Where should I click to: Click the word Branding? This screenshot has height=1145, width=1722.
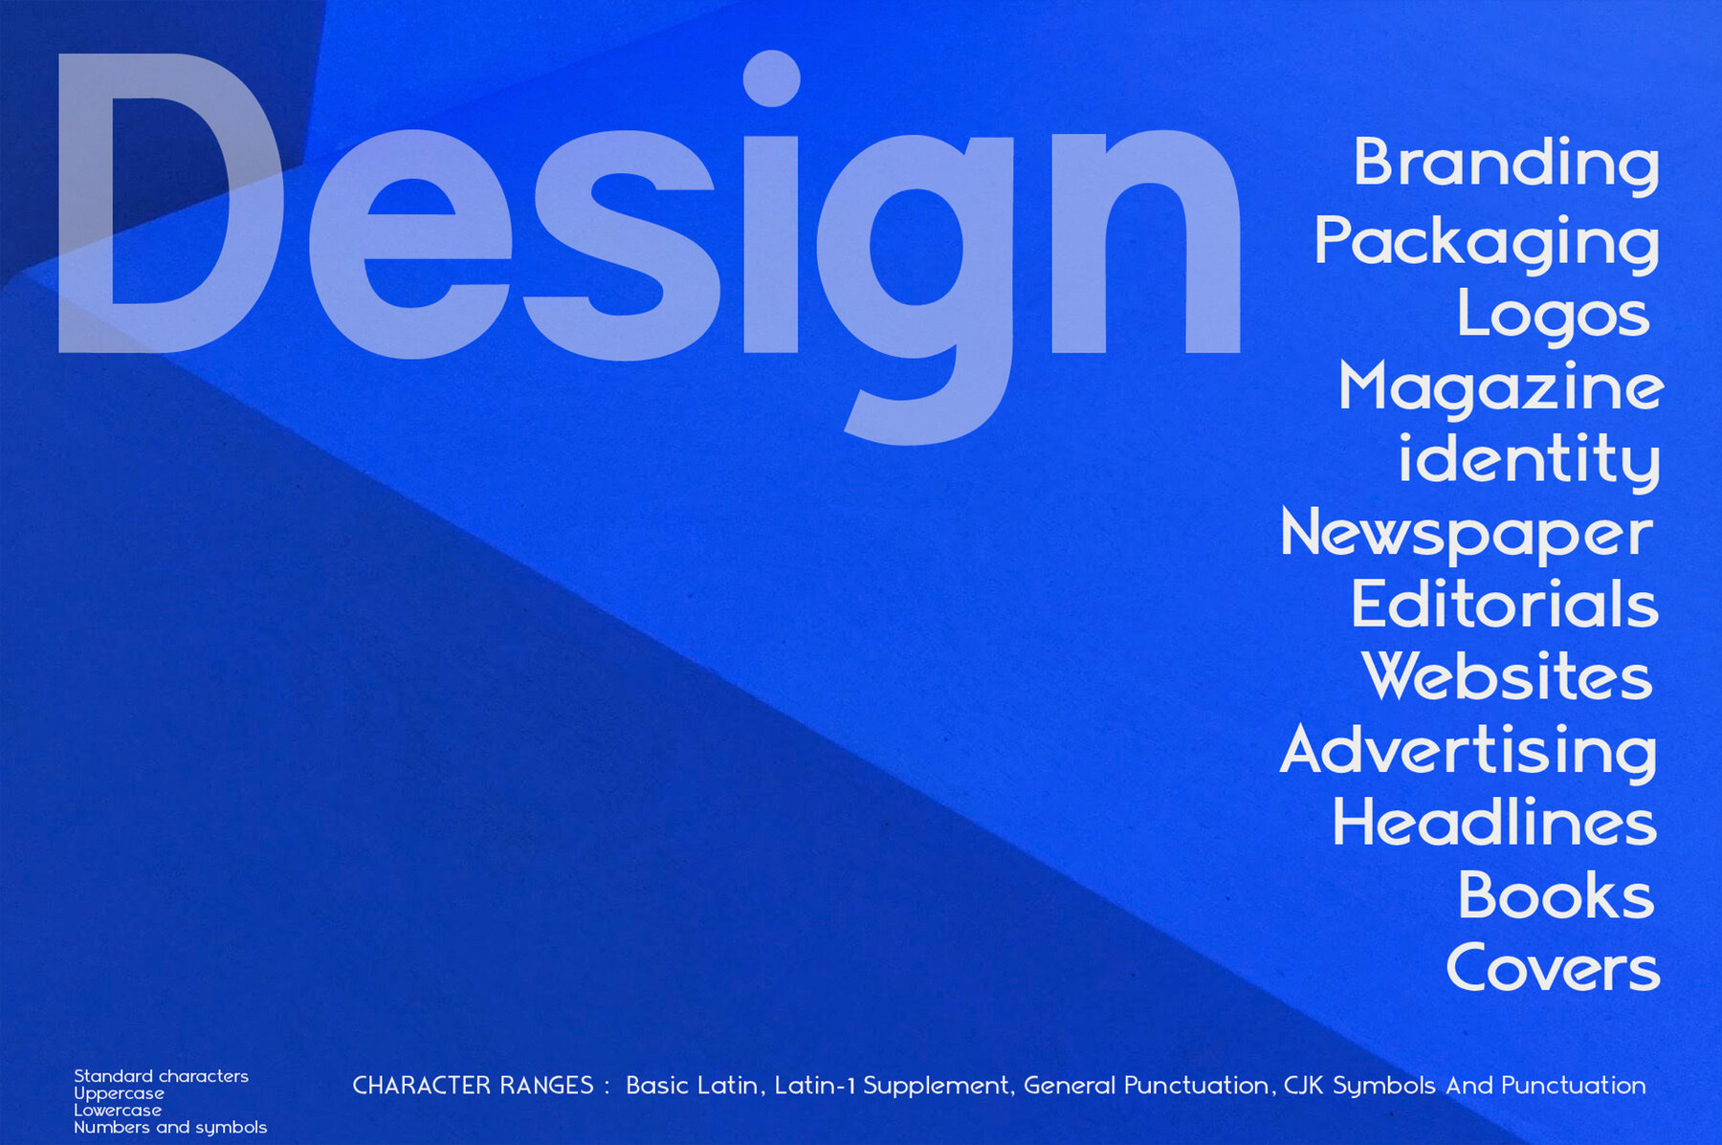[x=1507, y=165]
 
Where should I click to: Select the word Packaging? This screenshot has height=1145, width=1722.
[x=1487, y=244]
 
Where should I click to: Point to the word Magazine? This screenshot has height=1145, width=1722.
[x=1501, y=388]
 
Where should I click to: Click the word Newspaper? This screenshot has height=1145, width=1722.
[x=1467, y=535]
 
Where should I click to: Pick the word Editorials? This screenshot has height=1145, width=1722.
[x=1505, y=605]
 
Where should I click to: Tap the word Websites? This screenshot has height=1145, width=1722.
[x=1507, y=676]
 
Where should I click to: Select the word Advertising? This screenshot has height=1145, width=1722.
[x=1468, y=752]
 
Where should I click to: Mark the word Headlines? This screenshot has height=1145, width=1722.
[x=1494, y=822]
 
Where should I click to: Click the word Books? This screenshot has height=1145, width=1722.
[x=1556, y=895]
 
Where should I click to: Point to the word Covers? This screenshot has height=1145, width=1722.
[x=1553, y=968]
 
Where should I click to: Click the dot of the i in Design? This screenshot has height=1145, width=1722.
[x=771, y=78]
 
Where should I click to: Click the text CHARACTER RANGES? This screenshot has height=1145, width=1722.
[x=473, y=1086]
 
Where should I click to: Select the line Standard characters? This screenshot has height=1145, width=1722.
[x=161, y=1076]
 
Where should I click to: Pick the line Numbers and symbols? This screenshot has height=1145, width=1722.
[x=170, y=1128]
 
